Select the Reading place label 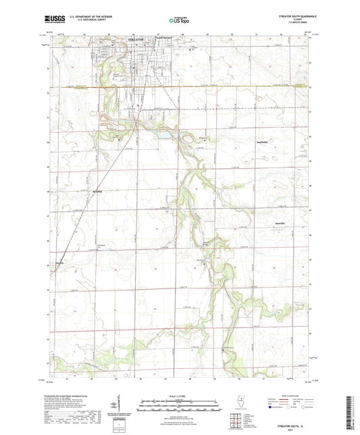[97, 190]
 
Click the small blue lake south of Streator [165, 134]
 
